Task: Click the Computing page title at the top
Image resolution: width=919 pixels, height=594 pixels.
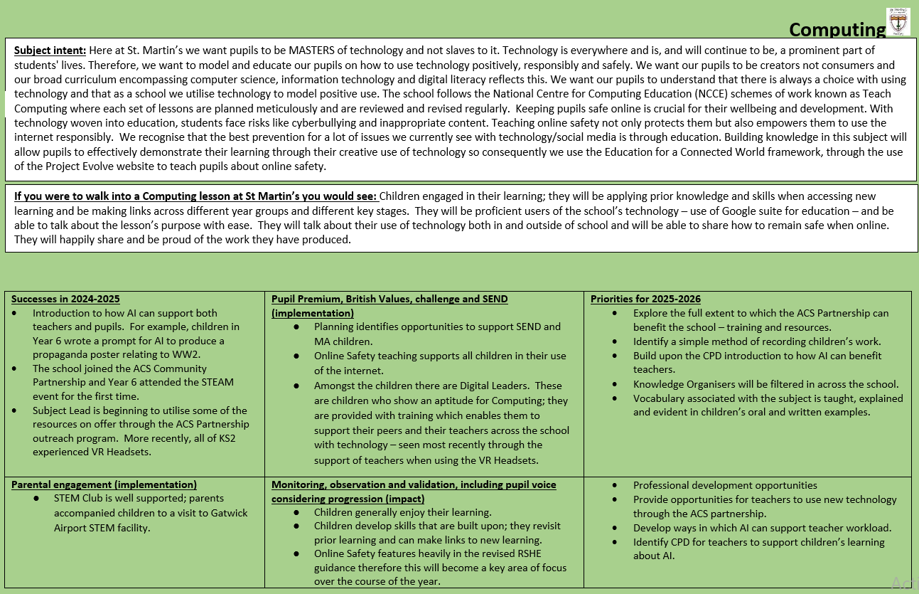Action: pyautogui.click(x=837, y=30)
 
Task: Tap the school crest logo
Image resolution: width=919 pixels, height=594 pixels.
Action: pyautogui.click(x=898, y=21)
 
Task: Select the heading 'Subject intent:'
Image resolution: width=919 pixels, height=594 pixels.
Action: pyautogui.click(x=50, y=51)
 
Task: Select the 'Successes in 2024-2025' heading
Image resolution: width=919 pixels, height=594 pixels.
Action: pyautogui.click(x=65, y=299)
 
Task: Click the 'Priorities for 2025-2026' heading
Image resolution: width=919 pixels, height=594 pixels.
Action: pyautogui.click(x=645, y=299)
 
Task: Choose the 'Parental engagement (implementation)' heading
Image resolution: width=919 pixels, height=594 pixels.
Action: pyautogui.click(x=104, y=484)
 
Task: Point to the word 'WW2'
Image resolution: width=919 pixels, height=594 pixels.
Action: pyautogui.click(x=220, y=354)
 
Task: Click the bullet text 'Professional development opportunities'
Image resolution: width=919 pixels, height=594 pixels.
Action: pyautogui.click(x=725, y=485)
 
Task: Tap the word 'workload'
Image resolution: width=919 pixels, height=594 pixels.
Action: pyautogui.click(x=867, y=528)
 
